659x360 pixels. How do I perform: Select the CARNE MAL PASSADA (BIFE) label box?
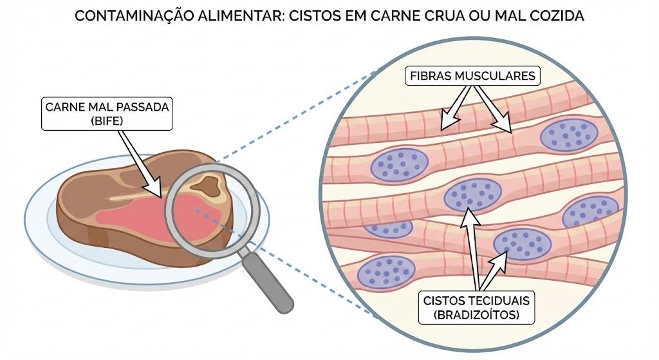(107, 113)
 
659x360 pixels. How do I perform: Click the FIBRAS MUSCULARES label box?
(472, 76)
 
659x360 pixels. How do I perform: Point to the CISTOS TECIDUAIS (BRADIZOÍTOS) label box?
(476, 307)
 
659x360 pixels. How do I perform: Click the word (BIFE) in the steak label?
(107, 121)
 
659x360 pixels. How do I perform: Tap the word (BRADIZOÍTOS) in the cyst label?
(476, 314)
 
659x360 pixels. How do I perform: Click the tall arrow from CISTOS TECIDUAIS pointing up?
(472, 249)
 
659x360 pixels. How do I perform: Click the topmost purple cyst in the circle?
(569, 135)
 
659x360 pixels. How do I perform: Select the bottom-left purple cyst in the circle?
(386, 272)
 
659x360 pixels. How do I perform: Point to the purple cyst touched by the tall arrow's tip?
(473, 194)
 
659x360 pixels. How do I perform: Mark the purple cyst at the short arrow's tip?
(522, 245)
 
